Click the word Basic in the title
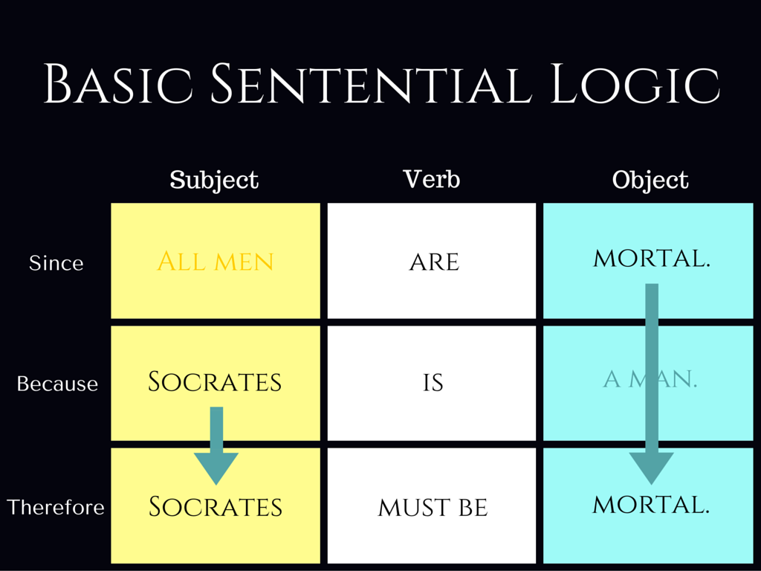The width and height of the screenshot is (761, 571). point(118,83)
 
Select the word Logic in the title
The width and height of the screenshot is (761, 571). point(635,83)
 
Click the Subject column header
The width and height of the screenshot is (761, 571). point(214,181)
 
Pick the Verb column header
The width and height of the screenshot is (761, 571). point(432,179)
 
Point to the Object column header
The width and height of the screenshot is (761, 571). point(650,181)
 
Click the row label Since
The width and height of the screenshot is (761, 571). point(56,262)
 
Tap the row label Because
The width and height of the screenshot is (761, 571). point(57,384)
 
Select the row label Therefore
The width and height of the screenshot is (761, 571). point(55,507)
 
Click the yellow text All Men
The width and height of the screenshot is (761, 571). point(216,262)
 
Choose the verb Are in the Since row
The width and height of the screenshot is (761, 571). point(434,262)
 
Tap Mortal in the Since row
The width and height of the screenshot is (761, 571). point(651,258)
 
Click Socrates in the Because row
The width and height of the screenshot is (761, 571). point(215,381)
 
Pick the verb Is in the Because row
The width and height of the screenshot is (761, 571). point(433,383)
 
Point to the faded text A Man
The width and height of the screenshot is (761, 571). point(650,379)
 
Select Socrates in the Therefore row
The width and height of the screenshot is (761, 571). point(215,507)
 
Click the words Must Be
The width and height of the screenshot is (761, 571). point(433,508)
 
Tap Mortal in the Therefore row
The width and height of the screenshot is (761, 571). point(651,505)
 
